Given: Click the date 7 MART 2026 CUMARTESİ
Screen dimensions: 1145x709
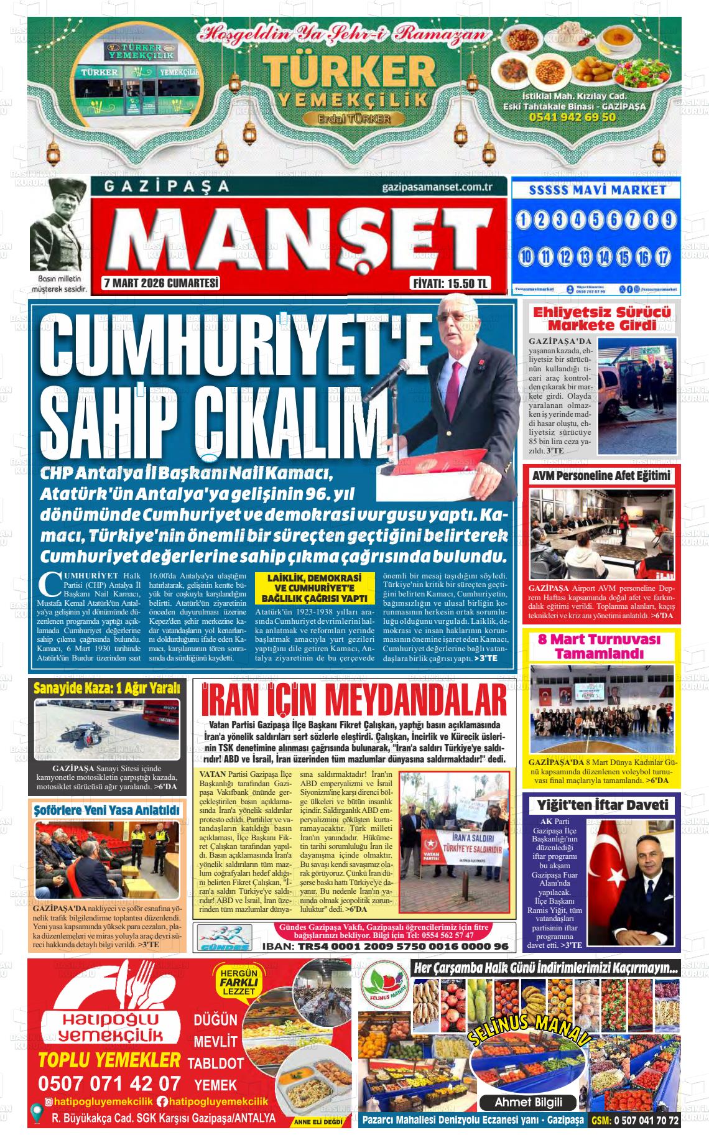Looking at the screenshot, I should [x=161, y=284].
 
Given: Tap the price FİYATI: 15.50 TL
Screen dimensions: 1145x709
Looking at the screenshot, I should [x=450, y=284].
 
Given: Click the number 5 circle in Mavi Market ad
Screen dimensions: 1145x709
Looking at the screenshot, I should [x=596, y=220].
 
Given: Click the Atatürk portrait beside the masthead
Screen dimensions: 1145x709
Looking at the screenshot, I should [x=59, y=226].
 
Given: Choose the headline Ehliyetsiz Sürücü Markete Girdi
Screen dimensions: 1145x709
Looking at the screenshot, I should [x=602, y=318].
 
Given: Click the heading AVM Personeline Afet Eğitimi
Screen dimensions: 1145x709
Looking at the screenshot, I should [x=602, y=476].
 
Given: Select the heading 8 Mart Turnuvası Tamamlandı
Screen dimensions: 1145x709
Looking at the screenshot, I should [x=599, y=646].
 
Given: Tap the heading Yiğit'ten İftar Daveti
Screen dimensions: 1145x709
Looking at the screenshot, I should [x=602, y=805].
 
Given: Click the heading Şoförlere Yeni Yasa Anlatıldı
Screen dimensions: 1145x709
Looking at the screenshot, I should [x=107, y=810].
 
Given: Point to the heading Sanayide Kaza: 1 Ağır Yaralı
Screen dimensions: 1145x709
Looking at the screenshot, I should [x=106, y=688].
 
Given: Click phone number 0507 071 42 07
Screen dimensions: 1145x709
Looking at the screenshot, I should [x=109, y=1083].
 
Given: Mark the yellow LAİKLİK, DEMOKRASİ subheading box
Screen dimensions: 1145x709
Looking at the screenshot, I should [x=314, y=588].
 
